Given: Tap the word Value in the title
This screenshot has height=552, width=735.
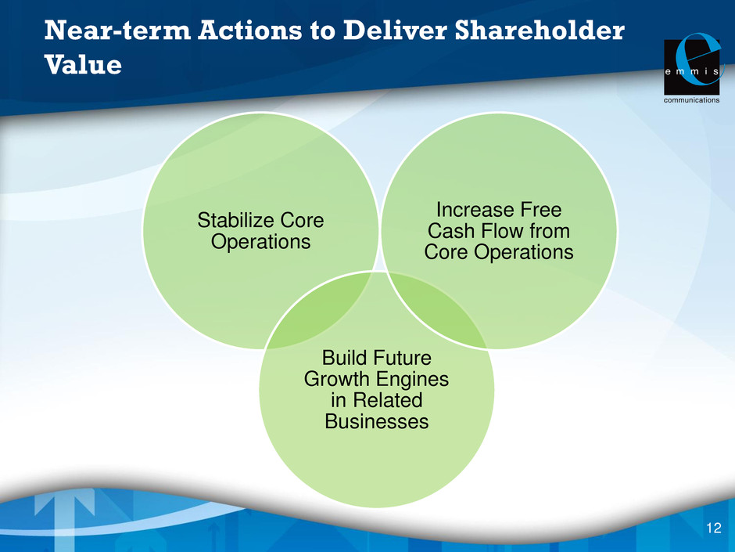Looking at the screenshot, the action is (x=83, y=64).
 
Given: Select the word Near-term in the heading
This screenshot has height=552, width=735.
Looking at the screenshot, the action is (x=117, y=31).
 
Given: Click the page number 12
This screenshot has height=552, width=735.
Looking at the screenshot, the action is (x=713, y=528).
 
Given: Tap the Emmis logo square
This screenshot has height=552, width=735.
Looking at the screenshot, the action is (x=692, y=67).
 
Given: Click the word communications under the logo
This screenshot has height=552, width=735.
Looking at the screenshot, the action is (x=691, y=100).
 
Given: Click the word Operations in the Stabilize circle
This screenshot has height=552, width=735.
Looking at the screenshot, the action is (x=260, y=242).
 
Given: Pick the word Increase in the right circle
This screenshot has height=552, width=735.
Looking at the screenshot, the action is (x=472, y=209).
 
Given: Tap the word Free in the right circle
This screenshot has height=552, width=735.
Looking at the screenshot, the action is (x=539, y=209).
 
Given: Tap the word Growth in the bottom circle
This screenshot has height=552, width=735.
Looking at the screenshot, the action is (x=336, y=379).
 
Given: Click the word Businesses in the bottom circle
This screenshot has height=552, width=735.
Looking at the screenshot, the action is (x=376, y=421).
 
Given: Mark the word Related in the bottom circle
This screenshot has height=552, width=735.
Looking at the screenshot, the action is (x=388, y=400).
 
